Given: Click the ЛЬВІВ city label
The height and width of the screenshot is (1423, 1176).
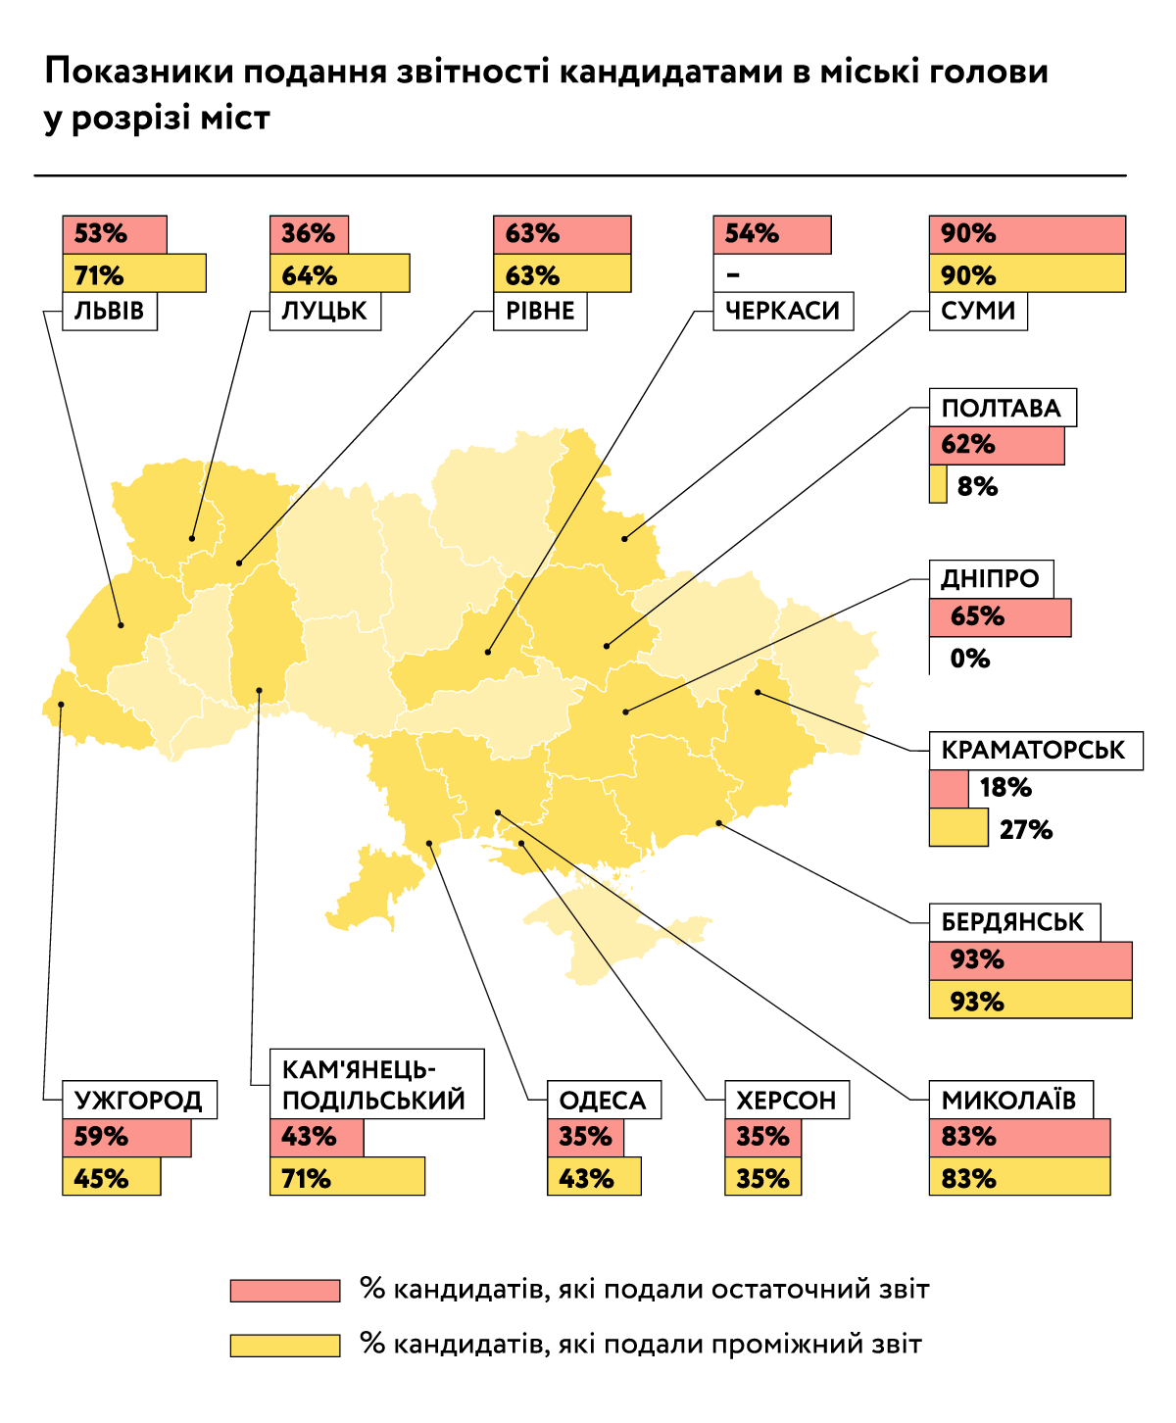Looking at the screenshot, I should tap(110, 312).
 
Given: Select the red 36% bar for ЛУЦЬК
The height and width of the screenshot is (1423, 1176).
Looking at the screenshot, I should tap(309, 235).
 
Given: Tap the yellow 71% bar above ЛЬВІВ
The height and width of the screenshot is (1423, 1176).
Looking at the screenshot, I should tap(134, 273).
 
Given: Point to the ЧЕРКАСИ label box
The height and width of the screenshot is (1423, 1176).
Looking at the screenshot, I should tap(783, 312).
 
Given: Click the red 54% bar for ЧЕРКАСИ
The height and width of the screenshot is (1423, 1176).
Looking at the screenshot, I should tap(772, 235).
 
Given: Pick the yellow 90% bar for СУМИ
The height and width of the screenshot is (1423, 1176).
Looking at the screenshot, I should tap(1027, 273).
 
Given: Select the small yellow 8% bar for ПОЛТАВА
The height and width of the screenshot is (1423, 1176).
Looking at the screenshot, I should tap(938, 485).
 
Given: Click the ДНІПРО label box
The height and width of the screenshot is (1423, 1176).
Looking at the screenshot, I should tap(991, 579).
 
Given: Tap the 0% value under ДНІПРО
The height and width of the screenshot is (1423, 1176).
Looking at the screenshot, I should tap(969, 659).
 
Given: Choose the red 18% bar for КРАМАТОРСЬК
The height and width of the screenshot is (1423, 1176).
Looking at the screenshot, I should tap(949, 788).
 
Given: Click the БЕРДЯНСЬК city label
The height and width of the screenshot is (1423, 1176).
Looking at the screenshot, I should tap(1014, 922).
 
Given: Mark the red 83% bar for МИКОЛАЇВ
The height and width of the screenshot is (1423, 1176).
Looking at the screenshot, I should tap(1019, 1138).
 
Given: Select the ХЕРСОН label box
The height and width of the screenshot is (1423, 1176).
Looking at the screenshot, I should tap(787, 1101).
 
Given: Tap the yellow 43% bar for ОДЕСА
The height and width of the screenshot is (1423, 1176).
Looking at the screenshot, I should tap(594, 1177).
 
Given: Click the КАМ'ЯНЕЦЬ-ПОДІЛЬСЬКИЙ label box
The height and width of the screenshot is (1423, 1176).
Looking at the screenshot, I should tap(376, 1084).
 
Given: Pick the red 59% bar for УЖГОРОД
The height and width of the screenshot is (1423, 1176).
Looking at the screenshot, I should tap(126, 1138).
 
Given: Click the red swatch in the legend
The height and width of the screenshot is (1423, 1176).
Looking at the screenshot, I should tap(285, 1290).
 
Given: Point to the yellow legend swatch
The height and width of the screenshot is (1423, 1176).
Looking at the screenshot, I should tap(285, 1345).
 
